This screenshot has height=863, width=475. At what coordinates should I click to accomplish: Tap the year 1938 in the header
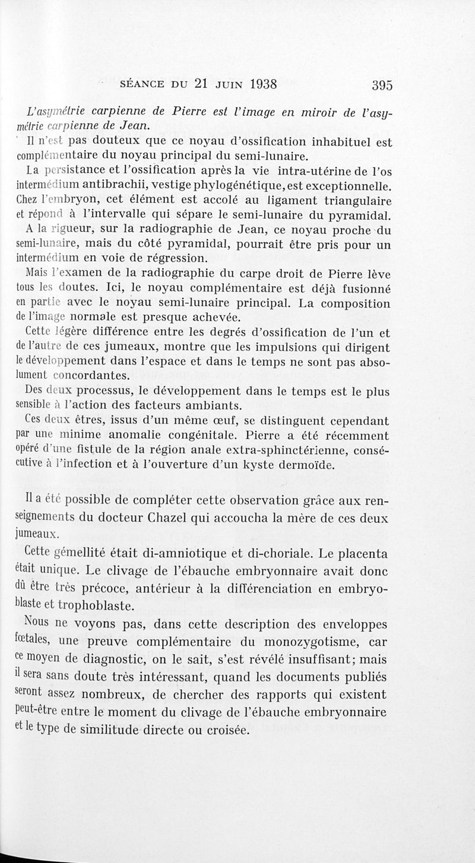[x=256, y=84]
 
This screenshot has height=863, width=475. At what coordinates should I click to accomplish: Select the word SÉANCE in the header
[x=145, y=84]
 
